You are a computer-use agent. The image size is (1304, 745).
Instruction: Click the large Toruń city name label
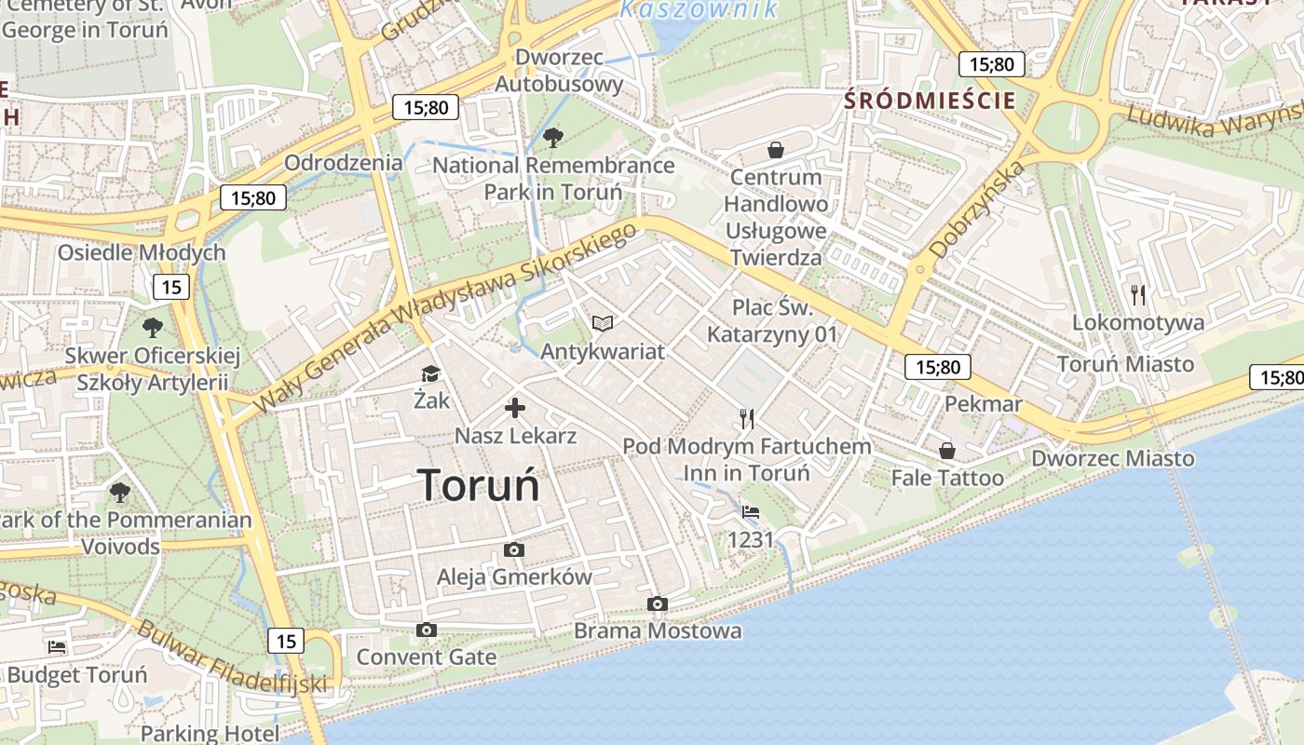coord(478,485)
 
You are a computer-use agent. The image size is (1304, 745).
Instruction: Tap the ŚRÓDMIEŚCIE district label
coord(930,101)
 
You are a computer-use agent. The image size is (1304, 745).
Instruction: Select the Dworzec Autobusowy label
coord(559,71)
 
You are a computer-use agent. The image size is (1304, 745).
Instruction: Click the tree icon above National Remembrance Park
coord(553,138)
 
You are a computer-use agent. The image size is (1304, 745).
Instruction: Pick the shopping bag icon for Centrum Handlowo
coord(775,150)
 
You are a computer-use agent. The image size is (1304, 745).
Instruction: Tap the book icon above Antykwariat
coord(603,323)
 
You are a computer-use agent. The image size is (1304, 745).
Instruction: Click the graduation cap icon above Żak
coord(430,373)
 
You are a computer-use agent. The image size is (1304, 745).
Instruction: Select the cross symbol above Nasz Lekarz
coord(515,408)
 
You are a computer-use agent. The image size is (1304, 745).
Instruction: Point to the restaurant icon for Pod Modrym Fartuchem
coord(746,418)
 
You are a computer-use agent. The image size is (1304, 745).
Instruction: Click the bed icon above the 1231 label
coord(751,511)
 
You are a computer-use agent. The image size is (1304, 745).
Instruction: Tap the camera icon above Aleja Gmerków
coord(513,550)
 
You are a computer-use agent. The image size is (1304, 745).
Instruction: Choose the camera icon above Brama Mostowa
coord(658,604)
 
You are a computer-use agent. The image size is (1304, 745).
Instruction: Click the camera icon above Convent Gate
coord(427,630)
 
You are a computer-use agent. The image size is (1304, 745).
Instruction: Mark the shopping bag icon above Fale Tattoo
coord(947,451)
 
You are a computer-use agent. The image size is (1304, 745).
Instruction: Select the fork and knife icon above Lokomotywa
coord(1137,295)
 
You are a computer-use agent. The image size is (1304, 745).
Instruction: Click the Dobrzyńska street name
coord(977,210)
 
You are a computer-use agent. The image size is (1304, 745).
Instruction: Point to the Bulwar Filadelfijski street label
coord(232,657)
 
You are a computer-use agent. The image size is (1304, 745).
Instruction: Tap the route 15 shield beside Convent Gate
coord(286,641)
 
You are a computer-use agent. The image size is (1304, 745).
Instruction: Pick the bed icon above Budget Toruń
coord(57,647)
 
